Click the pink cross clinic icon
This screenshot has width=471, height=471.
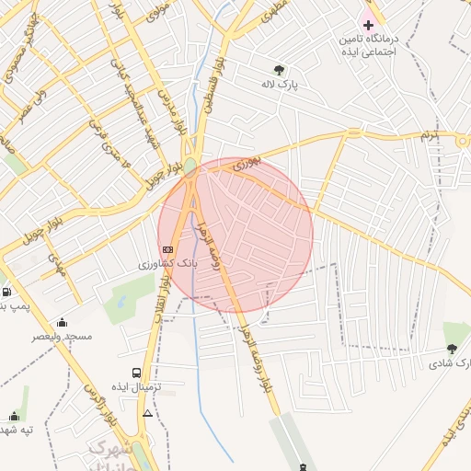coord(368,25)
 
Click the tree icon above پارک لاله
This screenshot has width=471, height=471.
coord(279,70)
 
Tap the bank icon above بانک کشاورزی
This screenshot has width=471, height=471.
coord(167,249)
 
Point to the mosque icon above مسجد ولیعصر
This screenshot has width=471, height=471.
coord(62,323)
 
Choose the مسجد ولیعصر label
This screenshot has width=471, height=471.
coord(63,337)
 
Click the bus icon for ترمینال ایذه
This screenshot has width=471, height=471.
coord(137,373)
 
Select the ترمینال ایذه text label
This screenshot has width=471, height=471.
coord(137,388)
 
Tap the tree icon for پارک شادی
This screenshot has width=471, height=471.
coord(451,349)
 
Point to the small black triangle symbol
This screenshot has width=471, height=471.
coord(148,413)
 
